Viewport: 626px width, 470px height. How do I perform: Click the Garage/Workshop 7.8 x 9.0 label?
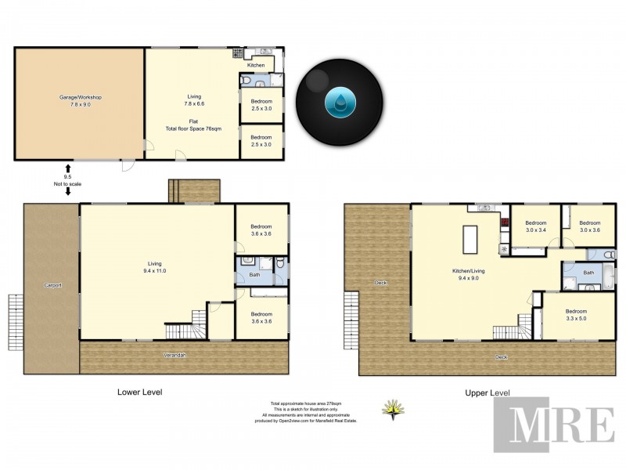pos(81,101)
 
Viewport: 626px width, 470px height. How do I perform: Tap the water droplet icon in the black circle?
pos(340,103)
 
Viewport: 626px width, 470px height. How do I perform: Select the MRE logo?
pos(553,425)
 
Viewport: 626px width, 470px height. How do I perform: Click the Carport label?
pos(52,285)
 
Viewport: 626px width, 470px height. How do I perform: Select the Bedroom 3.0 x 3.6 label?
pos(590,226)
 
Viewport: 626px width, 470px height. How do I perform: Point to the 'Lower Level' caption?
pos(139,392)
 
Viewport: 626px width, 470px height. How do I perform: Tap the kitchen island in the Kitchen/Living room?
pos(469,239)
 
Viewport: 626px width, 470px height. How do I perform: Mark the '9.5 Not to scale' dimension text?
pos(68,181)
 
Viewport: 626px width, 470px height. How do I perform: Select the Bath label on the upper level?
pos(588,273)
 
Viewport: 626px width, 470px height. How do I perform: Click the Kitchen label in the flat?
pos(256,65)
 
